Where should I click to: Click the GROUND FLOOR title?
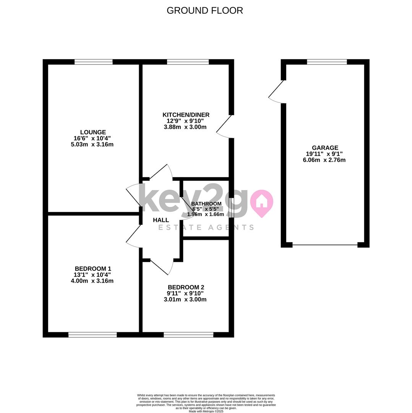(x=204, y=11)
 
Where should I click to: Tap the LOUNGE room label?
(x=93, y=132)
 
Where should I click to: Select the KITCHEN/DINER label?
(x=186, y=115)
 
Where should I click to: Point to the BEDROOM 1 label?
(x=93, y=269)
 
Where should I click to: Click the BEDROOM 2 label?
(x=186, y=287)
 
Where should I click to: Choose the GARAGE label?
(x=325, y=148)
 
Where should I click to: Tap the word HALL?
(x=161, y=220)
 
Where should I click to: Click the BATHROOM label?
(x=206, y=203)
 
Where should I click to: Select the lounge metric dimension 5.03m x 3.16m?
(x=92, y=144)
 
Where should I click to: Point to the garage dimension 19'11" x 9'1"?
(x=324, y=154)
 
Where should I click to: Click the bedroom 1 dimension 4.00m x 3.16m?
(x=92, y=281)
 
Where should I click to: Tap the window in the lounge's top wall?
(x=94, y=62)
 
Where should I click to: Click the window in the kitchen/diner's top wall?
(x=188, y=62)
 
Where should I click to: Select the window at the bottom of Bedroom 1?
(x=92, y=335)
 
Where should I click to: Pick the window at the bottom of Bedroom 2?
(x=188, y=335)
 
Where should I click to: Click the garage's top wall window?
(x=327, y=62)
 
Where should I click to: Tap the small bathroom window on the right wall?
(x=231, y=208)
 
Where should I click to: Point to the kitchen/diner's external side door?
(x=223, y=127)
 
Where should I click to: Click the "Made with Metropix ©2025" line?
(x=206, y=411)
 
